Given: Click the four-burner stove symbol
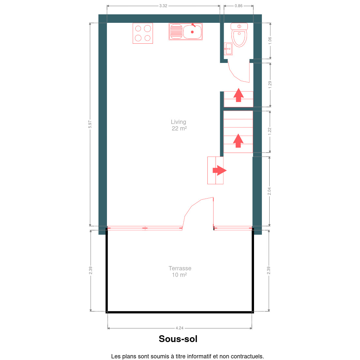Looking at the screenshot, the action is pyautogui.click(x=142, y=33).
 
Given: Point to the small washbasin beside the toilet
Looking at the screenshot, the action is pyautogui.click(x=228, y=49).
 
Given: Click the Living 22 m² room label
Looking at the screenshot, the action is pyautogui.click(x=179, y=125).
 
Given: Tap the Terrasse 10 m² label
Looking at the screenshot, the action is pyautogui.click(x=180, y=272).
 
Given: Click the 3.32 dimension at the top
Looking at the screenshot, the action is pyautogui.click(x=163, y=6).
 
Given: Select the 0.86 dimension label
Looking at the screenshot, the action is pyautogui.click(x=239, y=6).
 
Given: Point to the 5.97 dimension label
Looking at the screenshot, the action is pyautogui.click(x=90, y=125).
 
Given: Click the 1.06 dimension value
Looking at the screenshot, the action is pyautogui.click(x=270, y=41).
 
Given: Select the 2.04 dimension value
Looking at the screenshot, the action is pyautogui.click(x=269, y=191).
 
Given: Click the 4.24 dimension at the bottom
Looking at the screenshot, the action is pyautogui.click(x=180, y=328).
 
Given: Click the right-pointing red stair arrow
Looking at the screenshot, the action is pyautogui.click(x=219, y=170).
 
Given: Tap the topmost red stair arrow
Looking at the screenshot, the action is pyautogui.click(x=239, y=95).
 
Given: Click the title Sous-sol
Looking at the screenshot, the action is pyautogui.click(x=178, y=339).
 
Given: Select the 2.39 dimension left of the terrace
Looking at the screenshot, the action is pyautogui.click(x=91, y=270).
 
